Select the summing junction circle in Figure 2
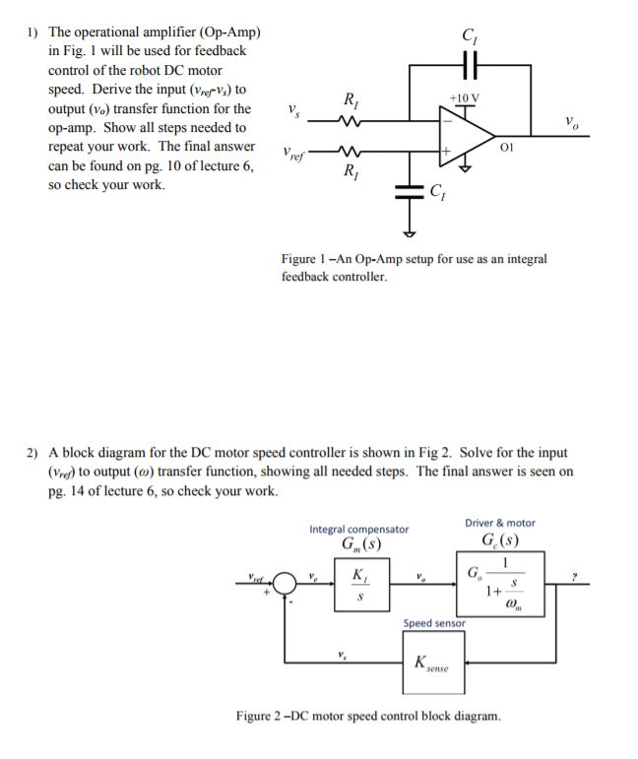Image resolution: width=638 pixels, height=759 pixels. (287, 583)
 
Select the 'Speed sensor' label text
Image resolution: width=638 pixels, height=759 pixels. (434, 623)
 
